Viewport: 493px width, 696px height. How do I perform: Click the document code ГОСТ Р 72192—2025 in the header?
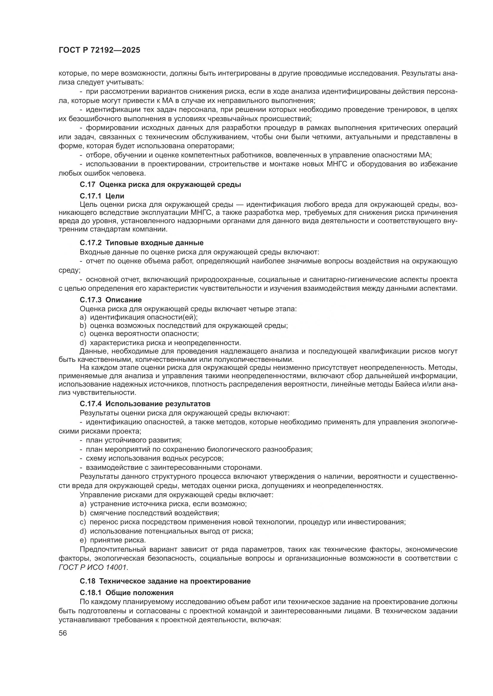click(x=99, y=50)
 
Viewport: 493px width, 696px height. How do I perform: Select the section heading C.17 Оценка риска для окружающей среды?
click(x=160, y=184)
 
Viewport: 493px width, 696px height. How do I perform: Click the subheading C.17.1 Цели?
click(x=102, y=196)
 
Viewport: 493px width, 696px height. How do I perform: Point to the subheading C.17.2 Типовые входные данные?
click(x=142, y=243)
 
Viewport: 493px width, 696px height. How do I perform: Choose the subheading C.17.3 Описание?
click(x=111, y=300)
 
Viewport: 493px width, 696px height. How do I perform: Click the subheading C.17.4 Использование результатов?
click(x=145, y=404)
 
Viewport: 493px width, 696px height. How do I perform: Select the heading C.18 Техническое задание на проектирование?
click(x=165, y=581)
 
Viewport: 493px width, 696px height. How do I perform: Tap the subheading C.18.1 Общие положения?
click(x=127, y=593)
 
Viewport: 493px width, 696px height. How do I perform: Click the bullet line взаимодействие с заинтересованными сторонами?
click(x=171, y=467)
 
